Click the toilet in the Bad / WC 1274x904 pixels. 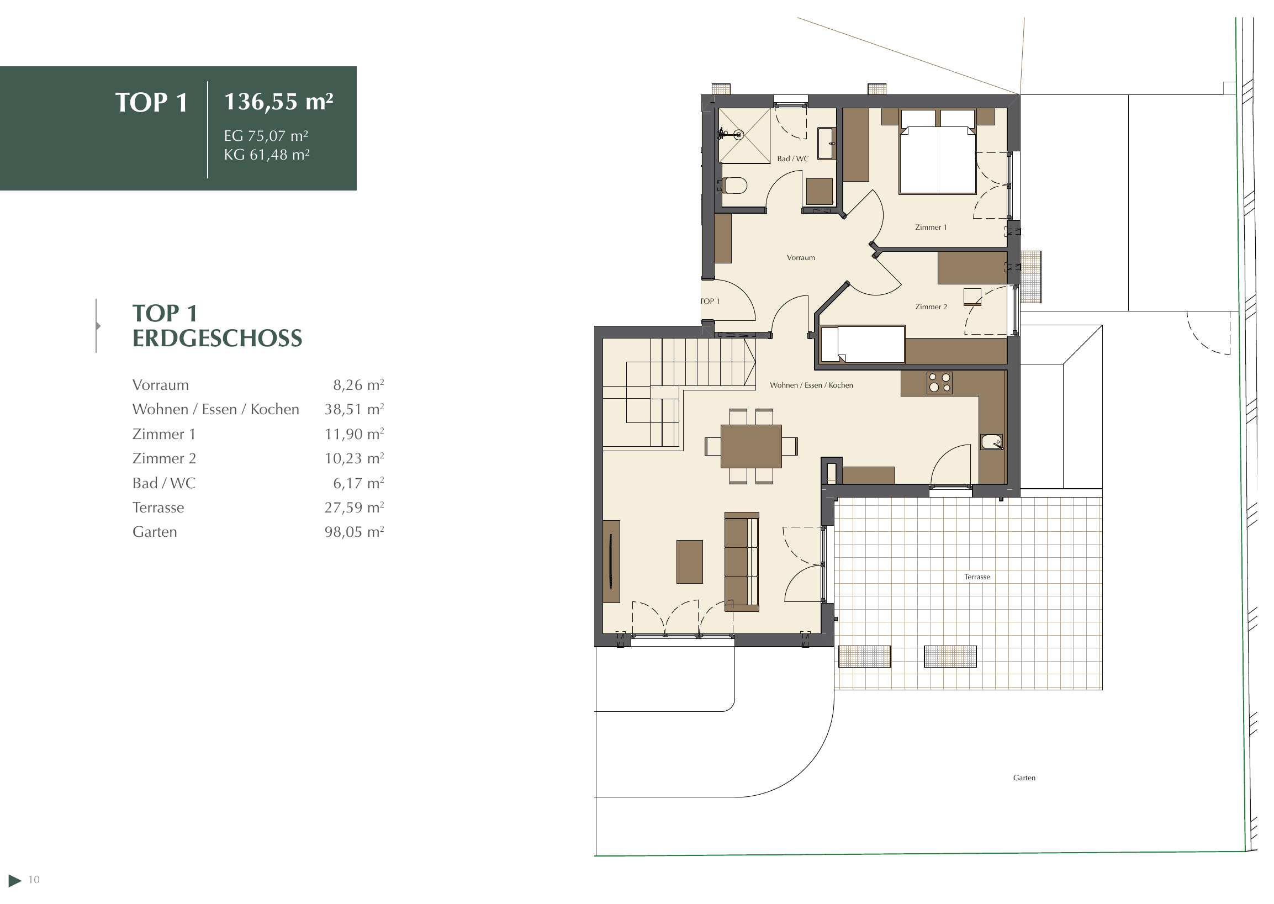click(x=734, y=186)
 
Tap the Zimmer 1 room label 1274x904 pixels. click(x=931, y=227)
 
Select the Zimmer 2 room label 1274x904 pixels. click(x=931, y=306)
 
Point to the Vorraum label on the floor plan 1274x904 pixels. click(x=800, y=258)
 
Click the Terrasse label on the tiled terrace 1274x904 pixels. click(x=977, y=577)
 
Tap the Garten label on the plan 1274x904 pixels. click(x=1024, y=778)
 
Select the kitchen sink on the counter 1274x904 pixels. click(x=991, y=442)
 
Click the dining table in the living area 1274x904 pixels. click(x=751, y=446)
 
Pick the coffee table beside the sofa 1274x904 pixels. click(x=689, y=562)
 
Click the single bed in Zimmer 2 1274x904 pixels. click(x=862, y=345)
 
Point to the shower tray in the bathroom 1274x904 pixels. click(x=745, y=136)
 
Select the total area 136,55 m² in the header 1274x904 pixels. click(x=278, y=102)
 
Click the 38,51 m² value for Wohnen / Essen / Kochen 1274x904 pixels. click(x=354, y=409)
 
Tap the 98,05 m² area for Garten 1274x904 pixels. click(x=354, y=532)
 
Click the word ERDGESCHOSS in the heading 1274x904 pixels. click(x=217, y=339)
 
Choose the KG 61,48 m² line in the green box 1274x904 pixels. click(x=267, y=154)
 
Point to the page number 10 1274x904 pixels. click(x=34, y=880)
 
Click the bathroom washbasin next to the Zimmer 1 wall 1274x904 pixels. click(x=826, y=144)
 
